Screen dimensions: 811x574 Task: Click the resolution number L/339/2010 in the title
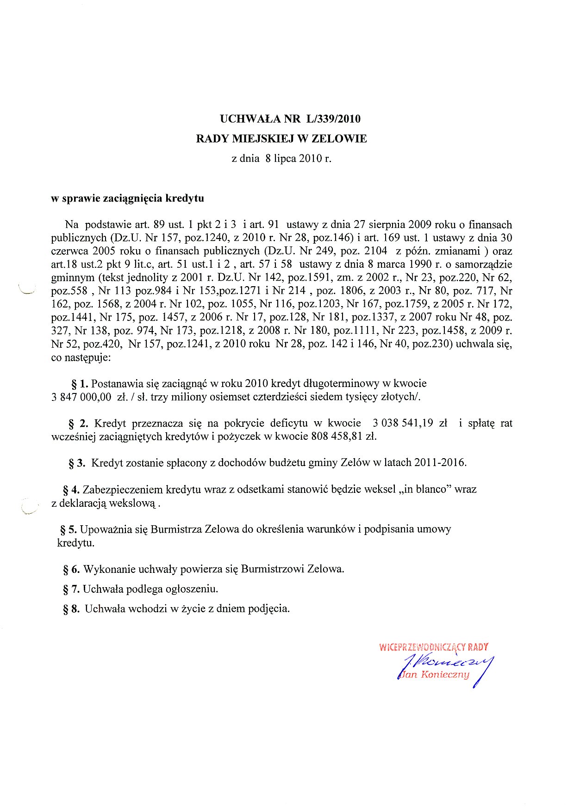(x=332, y=119)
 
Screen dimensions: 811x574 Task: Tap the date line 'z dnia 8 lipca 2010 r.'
(x=281, y=159)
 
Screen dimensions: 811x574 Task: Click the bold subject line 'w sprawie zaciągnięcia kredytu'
(x=127, y=198)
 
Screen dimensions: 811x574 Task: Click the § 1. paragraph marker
(x=79, y=384)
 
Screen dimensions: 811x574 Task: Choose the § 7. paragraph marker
(x=71, y=589)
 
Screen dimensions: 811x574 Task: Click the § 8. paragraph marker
(x=71, y=609)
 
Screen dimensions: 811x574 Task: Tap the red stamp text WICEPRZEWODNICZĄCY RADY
(x=433, y=647)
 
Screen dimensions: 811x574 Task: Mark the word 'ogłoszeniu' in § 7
(x=192, y=589)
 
